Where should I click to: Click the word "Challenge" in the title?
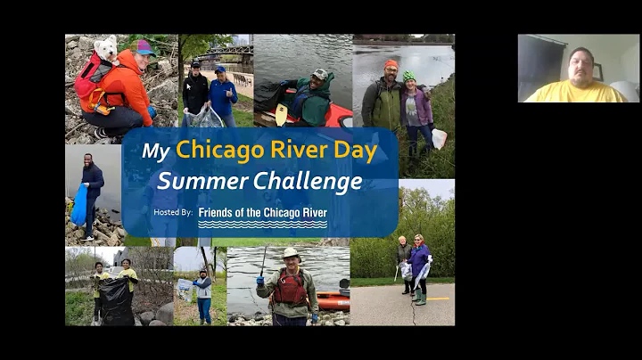308,181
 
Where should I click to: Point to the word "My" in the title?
155,151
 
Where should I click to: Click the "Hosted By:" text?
172,212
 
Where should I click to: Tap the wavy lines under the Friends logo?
262,224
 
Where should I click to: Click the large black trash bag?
116,301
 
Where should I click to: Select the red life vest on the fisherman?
289,288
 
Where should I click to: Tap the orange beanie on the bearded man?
391,64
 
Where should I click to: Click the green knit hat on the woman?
408,77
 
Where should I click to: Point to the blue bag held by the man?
79,206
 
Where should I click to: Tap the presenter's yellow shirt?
575,92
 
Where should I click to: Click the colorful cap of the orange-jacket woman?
144,46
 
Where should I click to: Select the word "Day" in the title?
354,150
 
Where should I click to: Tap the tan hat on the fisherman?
290,254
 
